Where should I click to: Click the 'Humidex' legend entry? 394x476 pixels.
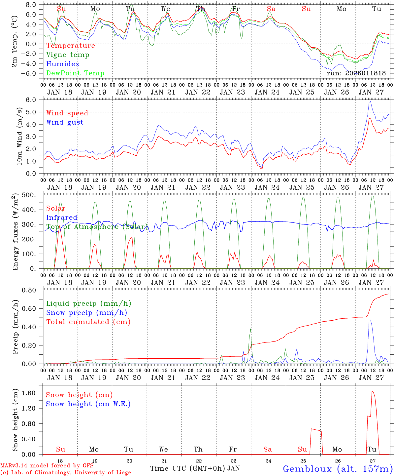click(x=63, y=64)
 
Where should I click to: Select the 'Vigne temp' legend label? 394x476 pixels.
click(x=68, y=55)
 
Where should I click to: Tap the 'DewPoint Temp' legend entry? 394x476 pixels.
click(x=75, y=73)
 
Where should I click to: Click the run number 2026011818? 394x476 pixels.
click(x=356, y=73)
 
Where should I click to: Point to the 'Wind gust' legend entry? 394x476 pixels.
click(x=65, y=122)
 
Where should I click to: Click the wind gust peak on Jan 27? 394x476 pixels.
click(x=370, y=101)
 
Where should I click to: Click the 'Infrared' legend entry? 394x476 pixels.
click(x=62, y=218)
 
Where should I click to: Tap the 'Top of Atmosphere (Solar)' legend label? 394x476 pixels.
click(x=97, y=227)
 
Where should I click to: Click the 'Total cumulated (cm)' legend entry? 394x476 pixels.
click(x=88, y=322)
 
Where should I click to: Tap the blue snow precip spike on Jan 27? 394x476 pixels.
click(x=370, y=320)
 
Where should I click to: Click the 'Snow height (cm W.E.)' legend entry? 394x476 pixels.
click(x=88, y=404)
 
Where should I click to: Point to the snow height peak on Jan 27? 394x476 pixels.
click(x=372, y=391)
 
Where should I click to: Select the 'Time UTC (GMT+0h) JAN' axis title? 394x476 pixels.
click(x=195, y=468)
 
